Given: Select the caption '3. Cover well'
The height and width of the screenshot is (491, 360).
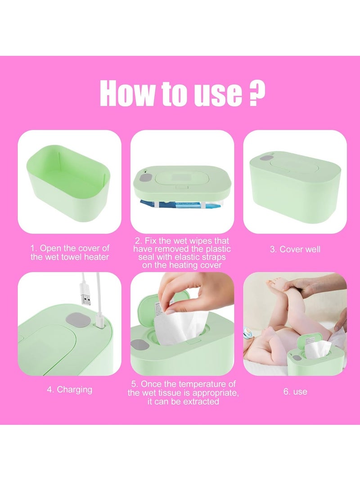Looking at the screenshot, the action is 295,249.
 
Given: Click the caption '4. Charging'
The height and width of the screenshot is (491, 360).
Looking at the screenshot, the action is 69,390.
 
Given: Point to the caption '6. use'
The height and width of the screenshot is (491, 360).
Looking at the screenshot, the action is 295,392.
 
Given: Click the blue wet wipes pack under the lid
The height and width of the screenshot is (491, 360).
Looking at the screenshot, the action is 181,204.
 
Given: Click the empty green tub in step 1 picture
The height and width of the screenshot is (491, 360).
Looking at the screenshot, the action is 69,182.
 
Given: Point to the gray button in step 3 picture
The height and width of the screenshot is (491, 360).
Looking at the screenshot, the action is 266,159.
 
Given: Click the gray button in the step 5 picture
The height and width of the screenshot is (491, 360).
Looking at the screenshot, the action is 139,346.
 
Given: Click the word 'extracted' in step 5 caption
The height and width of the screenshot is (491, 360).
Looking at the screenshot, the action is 201,401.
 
